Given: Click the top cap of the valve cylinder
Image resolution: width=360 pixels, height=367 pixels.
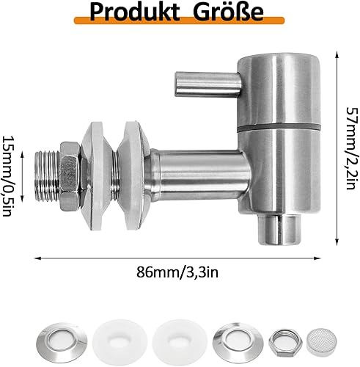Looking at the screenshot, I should pos(274,60).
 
